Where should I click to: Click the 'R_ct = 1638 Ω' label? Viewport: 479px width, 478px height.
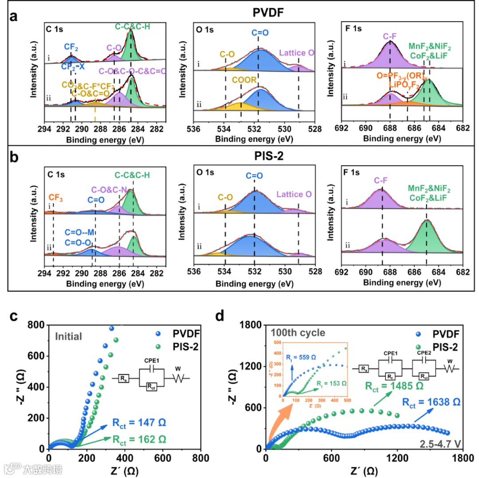pos(431,402)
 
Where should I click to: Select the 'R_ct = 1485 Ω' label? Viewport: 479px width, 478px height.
pos(393,386)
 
